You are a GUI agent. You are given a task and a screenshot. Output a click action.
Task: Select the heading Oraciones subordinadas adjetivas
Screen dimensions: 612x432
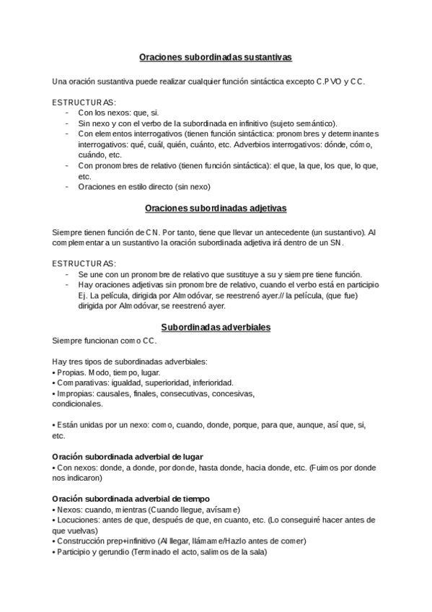pos(216,208)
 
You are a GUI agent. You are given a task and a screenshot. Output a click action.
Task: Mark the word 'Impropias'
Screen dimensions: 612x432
pos(74,393)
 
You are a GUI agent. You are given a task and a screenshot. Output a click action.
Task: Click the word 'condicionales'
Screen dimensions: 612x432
pos(78,404)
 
